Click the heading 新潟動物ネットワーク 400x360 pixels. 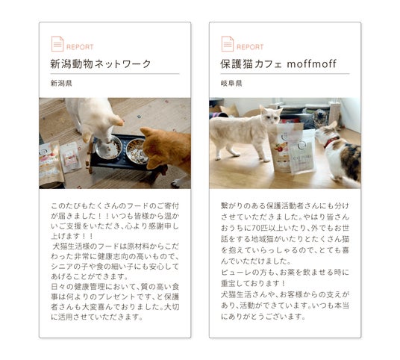click(x=101, y=63)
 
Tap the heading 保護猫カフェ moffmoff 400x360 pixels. click(x=278, y=63)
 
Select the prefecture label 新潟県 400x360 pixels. click(x=61, y=83)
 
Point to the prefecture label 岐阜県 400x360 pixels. click(x=231, y=83)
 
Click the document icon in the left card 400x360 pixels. click(x=57, y=44)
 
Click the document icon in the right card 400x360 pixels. click(x=228, y=44)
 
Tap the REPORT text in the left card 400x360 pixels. click(x=80, y=47)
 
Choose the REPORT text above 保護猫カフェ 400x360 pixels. click(x=250, y=47)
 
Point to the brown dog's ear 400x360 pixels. click(x=146, y=131)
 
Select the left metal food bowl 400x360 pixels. click(x=108, y=147)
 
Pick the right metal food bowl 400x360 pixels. click(x=137, y=151)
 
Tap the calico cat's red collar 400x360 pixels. click(x=331, y=142)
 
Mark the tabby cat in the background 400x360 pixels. click(x=319, y=118)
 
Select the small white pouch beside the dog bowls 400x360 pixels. click(x=70, y=156)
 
